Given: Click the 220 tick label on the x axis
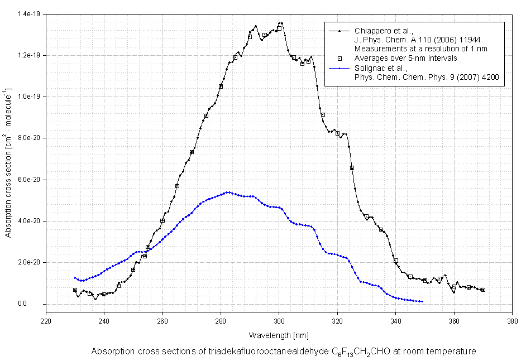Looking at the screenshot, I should (x=46, y=321).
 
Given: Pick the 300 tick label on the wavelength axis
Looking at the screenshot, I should (x=279, y=321).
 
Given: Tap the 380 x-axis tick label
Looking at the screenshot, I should (x=512, y=321).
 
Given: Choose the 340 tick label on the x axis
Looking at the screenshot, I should (x=396, y=321).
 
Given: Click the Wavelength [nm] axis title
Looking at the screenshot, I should (x=279, y=335).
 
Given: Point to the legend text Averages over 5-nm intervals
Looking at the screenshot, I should (x=406, y=58).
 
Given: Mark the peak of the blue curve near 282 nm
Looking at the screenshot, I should (x=228, y=192).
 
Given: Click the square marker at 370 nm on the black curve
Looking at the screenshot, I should (x=483, y=290).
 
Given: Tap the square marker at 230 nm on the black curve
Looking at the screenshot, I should (x=75, y=290).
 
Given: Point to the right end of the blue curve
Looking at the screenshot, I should (x=422, y=301).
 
